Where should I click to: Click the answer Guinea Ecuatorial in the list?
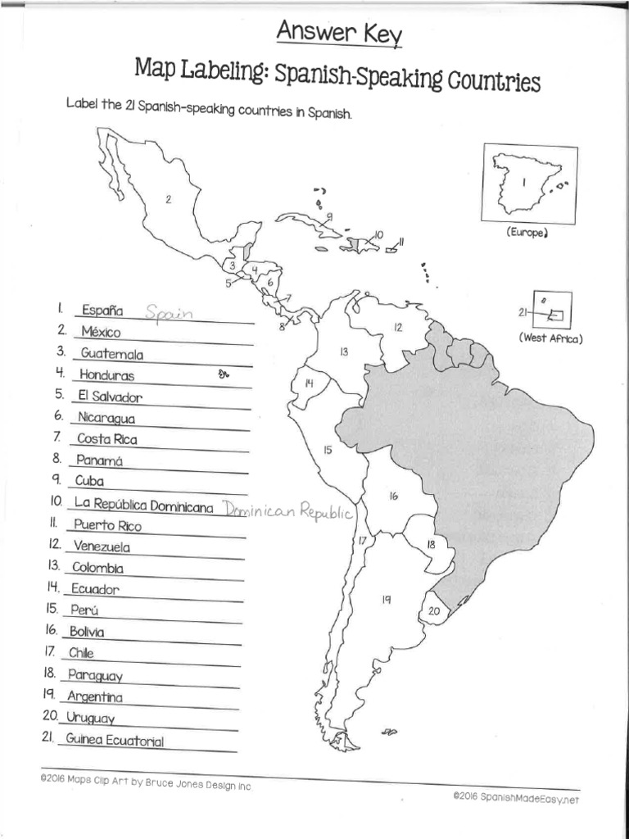point(120,741)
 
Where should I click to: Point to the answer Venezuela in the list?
point(102,546)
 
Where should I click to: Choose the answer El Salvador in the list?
point(111,397)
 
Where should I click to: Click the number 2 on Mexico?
point(168,199)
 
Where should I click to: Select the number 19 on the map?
point(386,600)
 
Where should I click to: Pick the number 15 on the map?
point(327,450)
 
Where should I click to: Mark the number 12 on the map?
point(398,327)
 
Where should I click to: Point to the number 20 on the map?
point(434,610)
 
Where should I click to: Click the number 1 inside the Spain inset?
point(522,184)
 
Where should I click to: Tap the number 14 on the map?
point(309,383)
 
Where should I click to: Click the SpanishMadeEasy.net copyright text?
point(519,797)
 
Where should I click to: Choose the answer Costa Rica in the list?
point(106,439)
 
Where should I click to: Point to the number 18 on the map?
point(431,544)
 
